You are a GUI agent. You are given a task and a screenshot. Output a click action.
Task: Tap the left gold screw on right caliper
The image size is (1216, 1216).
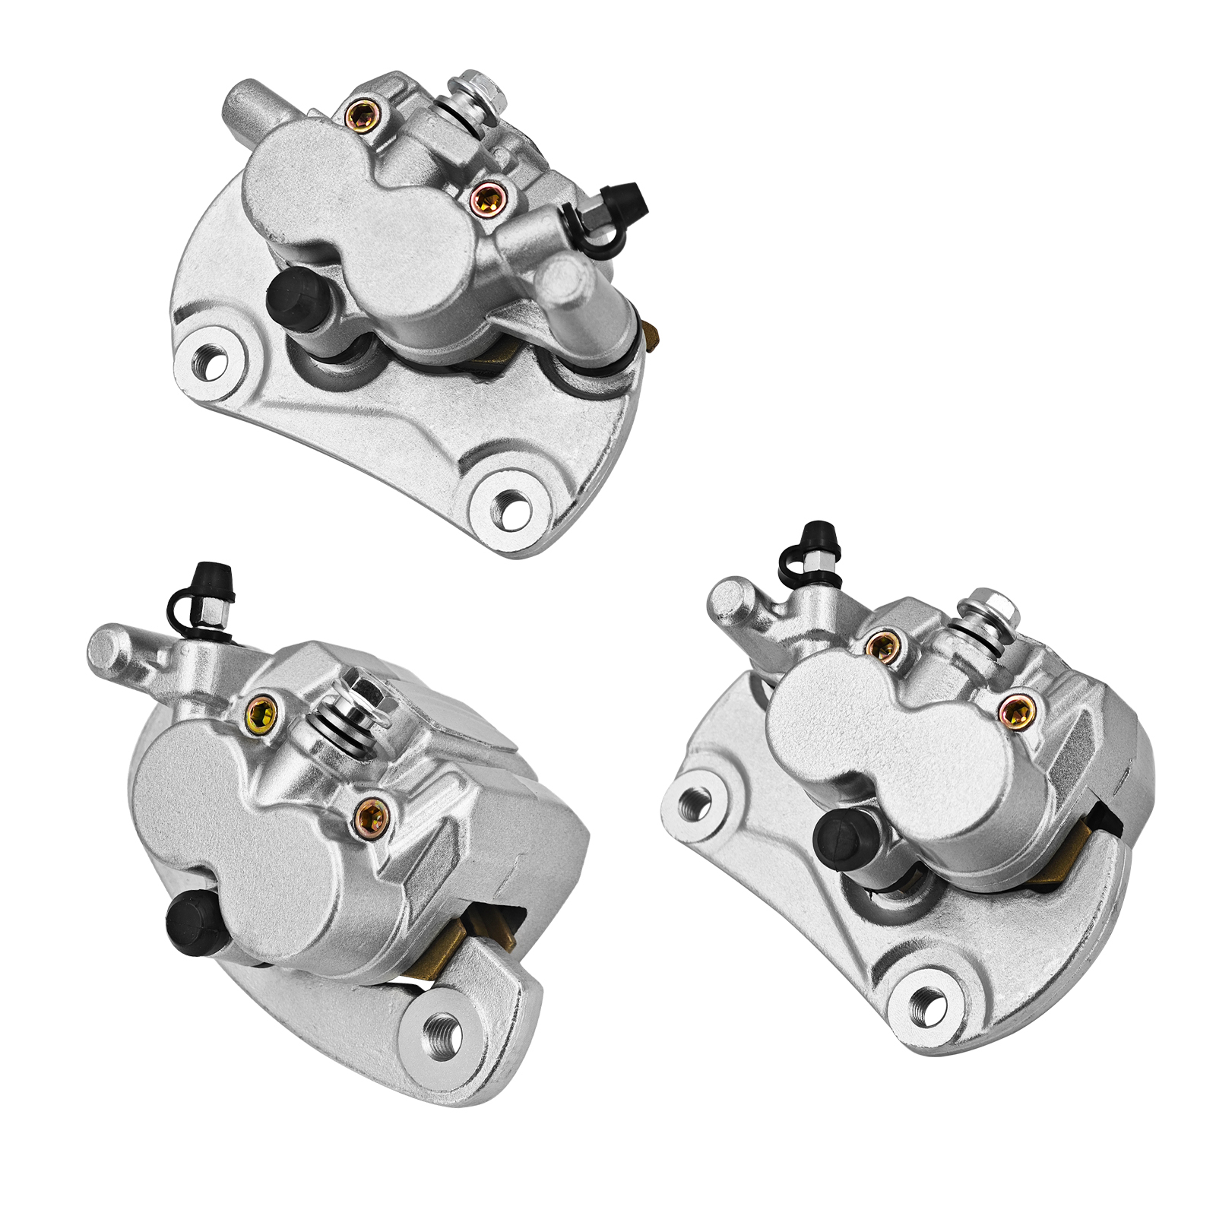point(882,647)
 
